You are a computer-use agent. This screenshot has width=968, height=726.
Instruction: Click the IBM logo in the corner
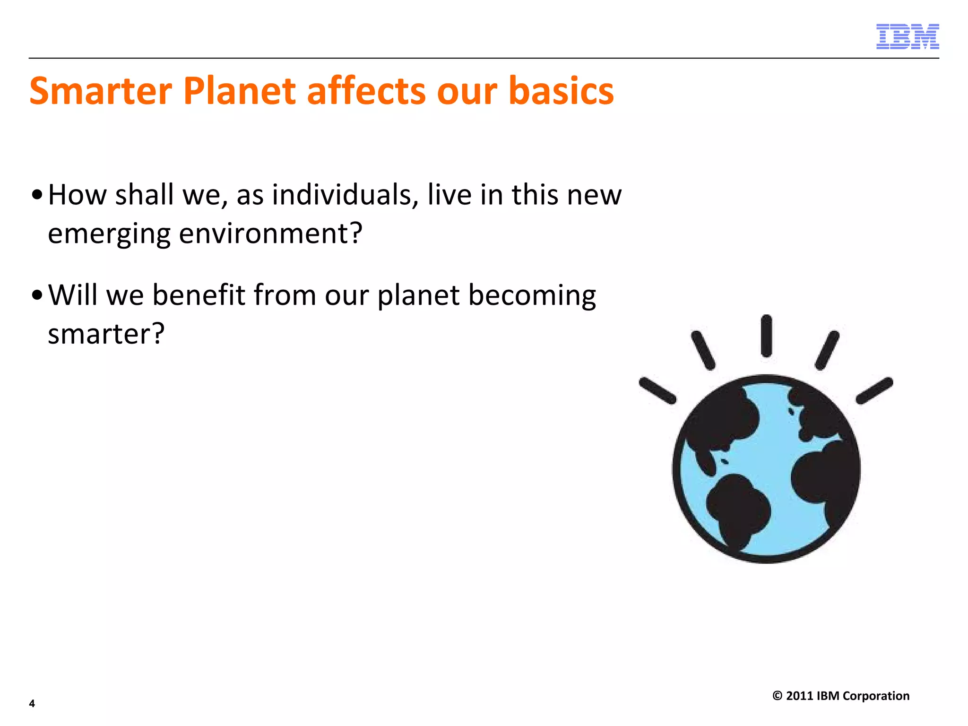coord(907,36)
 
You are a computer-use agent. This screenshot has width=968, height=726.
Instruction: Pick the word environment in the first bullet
coord(270,233)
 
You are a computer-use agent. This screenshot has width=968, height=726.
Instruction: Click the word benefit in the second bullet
coord(199,295)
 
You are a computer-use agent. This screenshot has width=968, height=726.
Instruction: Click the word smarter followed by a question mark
coord(106,334)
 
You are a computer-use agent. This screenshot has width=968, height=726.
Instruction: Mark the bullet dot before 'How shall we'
coord(37,195)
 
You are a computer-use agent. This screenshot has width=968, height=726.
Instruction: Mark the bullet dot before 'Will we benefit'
coord(37,295)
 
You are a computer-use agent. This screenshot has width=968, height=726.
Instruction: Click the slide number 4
coord(32,703)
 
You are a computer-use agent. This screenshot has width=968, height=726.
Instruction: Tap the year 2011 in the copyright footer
coord(799,696)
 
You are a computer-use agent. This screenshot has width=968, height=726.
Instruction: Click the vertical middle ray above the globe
coord(767,336)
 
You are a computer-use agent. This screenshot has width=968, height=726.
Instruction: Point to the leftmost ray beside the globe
coord(657,390)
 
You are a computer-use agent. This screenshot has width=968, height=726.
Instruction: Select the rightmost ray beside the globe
coord(874,390)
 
